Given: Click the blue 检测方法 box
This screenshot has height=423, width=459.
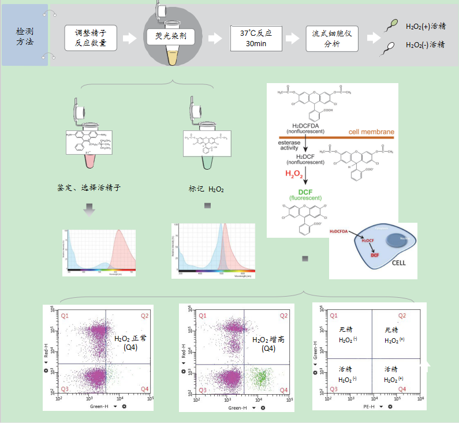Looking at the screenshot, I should [x=24, y=35].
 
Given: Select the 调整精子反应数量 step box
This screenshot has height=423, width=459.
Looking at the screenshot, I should [x=91, y=38].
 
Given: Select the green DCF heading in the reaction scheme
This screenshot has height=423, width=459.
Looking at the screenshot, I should [x=304, y=192].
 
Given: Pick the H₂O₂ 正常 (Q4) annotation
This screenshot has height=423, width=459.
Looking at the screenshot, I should [x=130, y=342].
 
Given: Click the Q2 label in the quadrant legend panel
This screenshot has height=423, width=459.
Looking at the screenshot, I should [x=402, y=316].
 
